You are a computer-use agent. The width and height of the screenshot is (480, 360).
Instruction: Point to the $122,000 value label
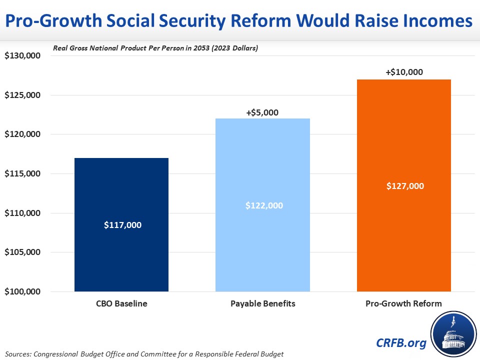262,205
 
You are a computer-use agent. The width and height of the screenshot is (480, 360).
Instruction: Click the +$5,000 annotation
262,112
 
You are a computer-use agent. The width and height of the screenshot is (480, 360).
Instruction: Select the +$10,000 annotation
404,72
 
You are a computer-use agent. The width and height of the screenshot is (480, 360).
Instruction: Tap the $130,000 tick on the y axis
22,56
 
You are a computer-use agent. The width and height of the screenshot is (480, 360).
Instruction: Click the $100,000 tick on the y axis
22,291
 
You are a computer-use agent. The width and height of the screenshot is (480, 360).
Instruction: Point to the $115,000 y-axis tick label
22,174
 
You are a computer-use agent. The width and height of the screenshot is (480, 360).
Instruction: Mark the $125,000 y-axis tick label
22,95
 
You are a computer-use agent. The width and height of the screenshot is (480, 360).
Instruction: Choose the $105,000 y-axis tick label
22,252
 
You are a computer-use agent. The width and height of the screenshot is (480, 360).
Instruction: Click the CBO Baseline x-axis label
121,303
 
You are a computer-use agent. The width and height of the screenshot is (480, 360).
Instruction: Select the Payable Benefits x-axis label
262,303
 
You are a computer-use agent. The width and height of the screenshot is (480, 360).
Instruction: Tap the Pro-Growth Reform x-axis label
404,303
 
